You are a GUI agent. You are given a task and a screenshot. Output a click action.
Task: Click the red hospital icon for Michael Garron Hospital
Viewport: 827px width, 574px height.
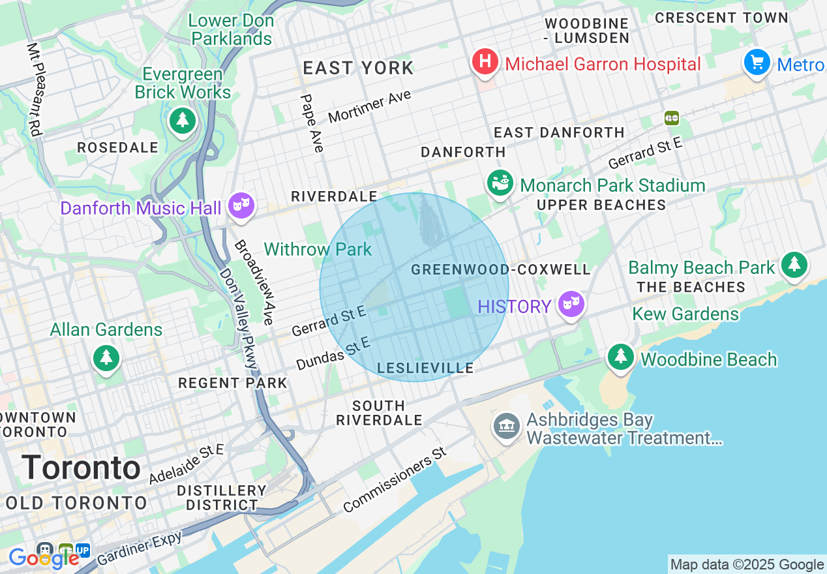pos(485,63)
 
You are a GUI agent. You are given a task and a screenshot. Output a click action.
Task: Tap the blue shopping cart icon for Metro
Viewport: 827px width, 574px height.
pos(757,63)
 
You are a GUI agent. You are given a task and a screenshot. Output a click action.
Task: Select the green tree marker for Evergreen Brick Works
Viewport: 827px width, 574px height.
pos(183,120)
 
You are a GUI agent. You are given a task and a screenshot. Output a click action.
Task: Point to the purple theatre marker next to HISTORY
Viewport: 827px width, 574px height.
pos(571,305)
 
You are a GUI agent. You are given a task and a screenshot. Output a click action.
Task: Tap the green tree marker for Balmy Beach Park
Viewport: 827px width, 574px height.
pos(793,264)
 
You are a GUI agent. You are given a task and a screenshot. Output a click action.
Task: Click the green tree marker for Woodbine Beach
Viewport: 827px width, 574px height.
pos(621,357)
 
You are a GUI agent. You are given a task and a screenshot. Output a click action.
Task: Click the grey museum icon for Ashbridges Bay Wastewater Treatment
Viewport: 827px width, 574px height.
pos(507,427)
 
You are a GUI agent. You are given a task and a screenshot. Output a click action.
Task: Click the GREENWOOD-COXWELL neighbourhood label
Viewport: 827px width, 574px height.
pos(501,269)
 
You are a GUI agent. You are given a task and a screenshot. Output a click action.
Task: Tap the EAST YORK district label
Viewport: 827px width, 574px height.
pos(358,68)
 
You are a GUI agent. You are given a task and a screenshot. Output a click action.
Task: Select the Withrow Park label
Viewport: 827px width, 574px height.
pos(318,249)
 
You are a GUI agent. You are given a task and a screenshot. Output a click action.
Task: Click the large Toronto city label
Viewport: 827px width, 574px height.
pos(81,468)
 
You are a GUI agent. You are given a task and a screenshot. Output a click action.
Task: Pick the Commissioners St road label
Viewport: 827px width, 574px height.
pos(395,479)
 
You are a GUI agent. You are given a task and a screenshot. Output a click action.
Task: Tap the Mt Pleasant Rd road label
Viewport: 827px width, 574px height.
pos(35,89)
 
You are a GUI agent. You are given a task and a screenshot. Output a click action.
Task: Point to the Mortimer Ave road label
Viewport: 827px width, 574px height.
pos(370,106)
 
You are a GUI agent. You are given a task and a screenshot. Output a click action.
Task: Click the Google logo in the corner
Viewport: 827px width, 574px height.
pos(43,558)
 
